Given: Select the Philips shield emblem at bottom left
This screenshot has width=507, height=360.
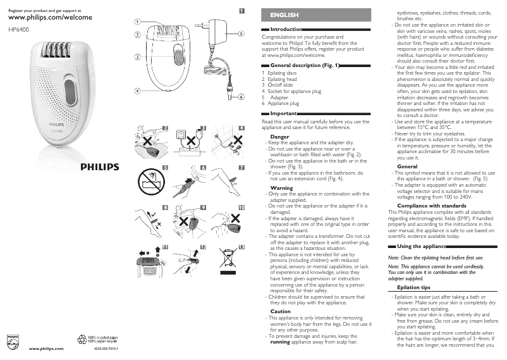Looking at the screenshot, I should (x=13, y=341).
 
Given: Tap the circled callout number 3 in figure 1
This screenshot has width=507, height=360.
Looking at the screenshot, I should (x=137, y=57).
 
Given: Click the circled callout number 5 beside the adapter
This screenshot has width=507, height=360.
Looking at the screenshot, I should (x=241, y=34).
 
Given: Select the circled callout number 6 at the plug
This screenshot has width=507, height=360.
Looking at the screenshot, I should (x=241, y=97).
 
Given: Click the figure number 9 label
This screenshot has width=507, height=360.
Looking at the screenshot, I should (x=203, y=208).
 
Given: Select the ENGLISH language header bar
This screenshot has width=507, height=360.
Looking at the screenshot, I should (x=316, y=15).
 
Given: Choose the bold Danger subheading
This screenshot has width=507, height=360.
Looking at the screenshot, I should (x=279, y=137).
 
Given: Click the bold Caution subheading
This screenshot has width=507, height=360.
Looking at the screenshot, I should (x=281, y=311).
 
